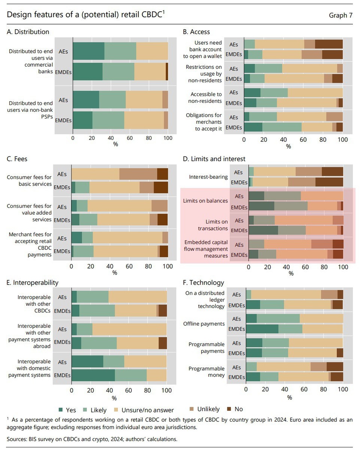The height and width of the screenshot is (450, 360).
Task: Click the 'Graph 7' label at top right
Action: click(x=340, y=15)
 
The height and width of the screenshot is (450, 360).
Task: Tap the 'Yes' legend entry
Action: click(x=67, y=409)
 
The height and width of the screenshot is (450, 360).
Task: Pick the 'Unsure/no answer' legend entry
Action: click(x=143, y=409)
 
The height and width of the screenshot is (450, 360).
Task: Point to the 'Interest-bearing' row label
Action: click(x=208, y=177)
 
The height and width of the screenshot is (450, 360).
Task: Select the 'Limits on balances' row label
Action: click(x=205, y=201)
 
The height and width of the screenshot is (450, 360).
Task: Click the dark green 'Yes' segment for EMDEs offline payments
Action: click(x=262, y=329)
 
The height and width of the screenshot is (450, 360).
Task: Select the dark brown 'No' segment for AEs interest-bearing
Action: click(x=332, y=172)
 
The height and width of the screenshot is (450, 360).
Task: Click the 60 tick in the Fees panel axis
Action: click(x=129, y=266)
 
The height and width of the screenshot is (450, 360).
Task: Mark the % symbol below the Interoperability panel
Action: click(x=114, y=398)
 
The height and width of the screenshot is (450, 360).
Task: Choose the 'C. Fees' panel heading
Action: click(x=17, y=159)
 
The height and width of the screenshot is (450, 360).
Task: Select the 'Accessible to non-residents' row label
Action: click(x=206, y=97)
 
